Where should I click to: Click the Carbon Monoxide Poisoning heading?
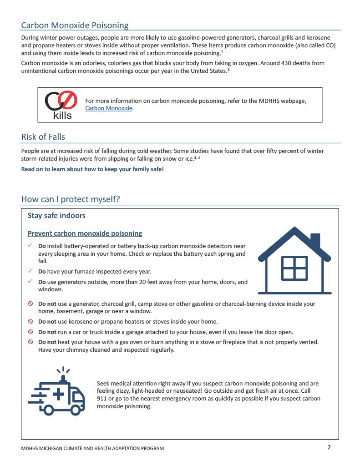tap(75, 25)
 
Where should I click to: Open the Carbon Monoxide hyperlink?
tap(109, 108)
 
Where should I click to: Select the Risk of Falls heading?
tap(43, 137)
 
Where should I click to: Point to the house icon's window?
tap(294, 268)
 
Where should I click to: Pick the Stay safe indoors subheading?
tap(56, 215)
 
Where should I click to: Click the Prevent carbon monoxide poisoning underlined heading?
tap(85, 233)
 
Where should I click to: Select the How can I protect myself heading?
tap(71, 199)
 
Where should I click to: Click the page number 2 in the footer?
tap(329, 447)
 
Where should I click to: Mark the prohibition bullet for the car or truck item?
tap(30, 332)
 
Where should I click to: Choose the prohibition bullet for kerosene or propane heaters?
tap(30, 321)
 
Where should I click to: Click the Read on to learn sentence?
tap(92, 169)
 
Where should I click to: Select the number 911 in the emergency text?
tap(102, 399)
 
